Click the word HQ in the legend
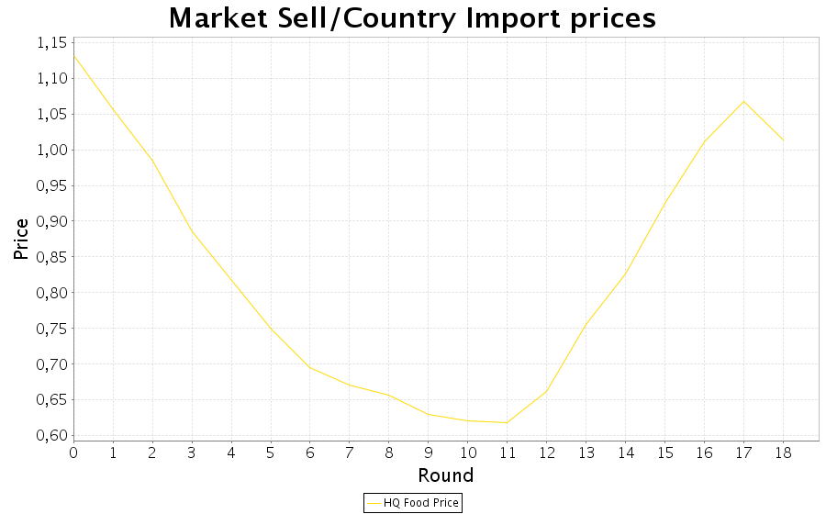pos(392,503)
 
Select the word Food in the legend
pos(416,503)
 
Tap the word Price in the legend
pos(445,503)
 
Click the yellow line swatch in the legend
pos(374,503)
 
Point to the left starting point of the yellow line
pos(73,55)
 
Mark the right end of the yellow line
pos(783,140)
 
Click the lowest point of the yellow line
pos(507,422)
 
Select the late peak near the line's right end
pos(743,101)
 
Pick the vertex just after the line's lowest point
pos(546,391)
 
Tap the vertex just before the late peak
pos(704,142)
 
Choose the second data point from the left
pos(113,108)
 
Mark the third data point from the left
pos(152,161)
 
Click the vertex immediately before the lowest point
pos(467,420)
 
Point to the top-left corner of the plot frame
pos(73,38)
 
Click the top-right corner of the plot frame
pos(819,38)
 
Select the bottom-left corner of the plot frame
pos(73,441)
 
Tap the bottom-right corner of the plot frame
pos(819,441)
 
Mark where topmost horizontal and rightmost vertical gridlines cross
pos(783,43)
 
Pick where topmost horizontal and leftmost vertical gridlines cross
pos(113,43)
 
